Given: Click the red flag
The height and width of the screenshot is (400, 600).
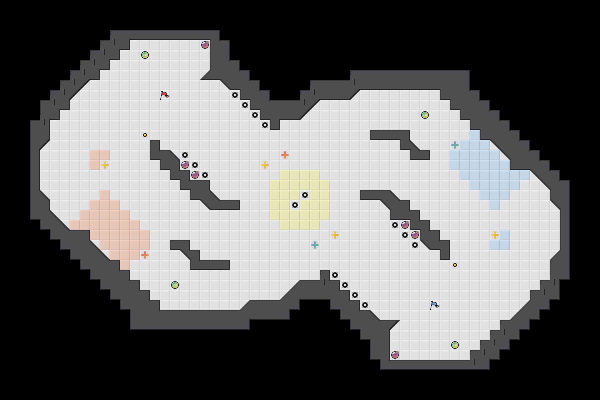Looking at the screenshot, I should tap(164, 95).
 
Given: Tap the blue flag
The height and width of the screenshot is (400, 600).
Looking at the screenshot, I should tap(434, 305).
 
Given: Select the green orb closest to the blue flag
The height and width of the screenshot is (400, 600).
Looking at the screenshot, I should tap(455, 345).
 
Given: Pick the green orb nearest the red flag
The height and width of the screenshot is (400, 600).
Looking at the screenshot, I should tap(145, 55).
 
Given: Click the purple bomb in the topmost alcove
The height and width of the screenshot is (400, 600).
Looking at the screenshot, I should tap(205, 45).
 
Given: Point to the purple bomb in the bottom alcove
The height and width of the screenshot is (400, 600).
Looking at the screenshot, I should tap(395, 355).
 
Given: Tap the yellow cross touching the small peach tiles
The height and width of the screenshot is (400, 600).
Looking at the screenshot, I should tap(105, 165).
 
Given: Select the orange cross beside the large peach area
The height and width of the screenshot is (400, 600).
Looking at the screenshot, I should tap(145, 255).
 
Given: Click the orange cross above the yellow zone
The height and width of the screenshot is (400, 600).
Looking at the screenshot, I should tap(285, 155).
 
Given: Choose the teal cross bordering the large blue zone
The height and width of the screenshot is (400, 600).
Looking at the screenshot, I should tap(455, 145).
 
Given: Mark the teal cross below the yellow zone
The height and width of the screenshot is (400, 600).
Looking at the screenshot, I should tap(315, 245).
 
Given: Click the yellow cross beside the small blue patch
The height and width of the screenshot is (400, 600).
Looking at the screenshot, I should tap(495, 235).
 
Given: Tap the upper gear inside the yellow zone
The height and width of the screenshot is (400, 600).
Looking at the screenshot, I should tap(305, 195).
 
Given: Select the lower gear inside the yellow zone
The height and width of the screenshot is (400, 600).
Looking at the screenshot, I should tap(295, 205).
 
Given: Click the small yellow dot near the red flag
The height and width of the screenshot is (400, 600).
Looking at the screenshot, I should tap(145, 135).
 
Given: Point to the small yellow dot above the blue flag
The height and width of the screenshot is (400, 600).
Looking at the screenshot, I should tap(455, 265).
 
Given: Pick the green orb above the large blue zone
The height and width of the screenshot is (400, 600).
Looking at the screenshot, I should tap(425, 115).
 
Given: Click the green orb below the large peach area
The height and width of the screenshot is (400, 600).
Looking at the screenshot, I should tap(175, 285).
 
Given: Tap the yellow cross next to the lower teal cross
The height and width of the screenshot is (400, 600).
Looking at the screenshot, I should tap(335, 235).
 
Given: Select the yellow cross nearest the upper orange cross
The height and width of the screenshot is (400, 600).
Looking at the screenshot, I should tap(265, 165).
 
